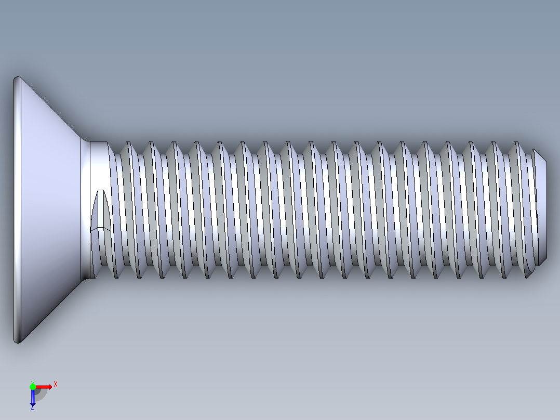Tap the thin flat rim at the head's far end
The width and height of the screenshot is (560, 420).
[x=17, y=208]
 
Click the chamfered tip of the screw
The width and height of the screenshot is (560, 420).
[x=540, y=208]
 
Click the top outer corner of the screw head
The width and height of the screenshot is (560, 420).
[x=17, y=78]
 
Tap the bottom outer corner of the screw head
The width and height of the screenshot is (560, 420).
[x=17, y=342]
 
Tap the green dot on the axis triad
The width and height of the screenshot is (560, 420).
[x=33, y=386]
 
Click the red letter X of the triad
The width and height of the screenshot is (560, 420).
[x=56, y=384]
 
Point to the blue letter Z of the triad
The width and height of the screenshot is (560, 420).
[x=32, y=408]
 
